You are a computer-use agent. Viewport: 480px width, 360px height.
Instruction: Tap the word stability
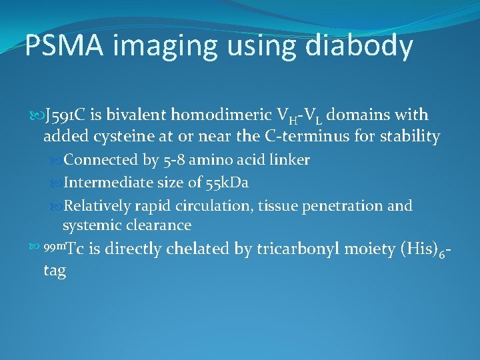[x=411, y=137]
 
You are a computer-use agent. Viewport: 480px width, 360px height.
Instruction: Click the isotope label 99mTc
[x=63, y=249]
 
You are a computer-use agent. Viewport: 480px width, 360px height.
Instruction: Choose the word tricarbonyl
[x=313, y=249]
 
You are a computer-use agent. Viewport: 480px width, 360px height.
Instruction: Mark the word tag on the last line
[x=55, y=271]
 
